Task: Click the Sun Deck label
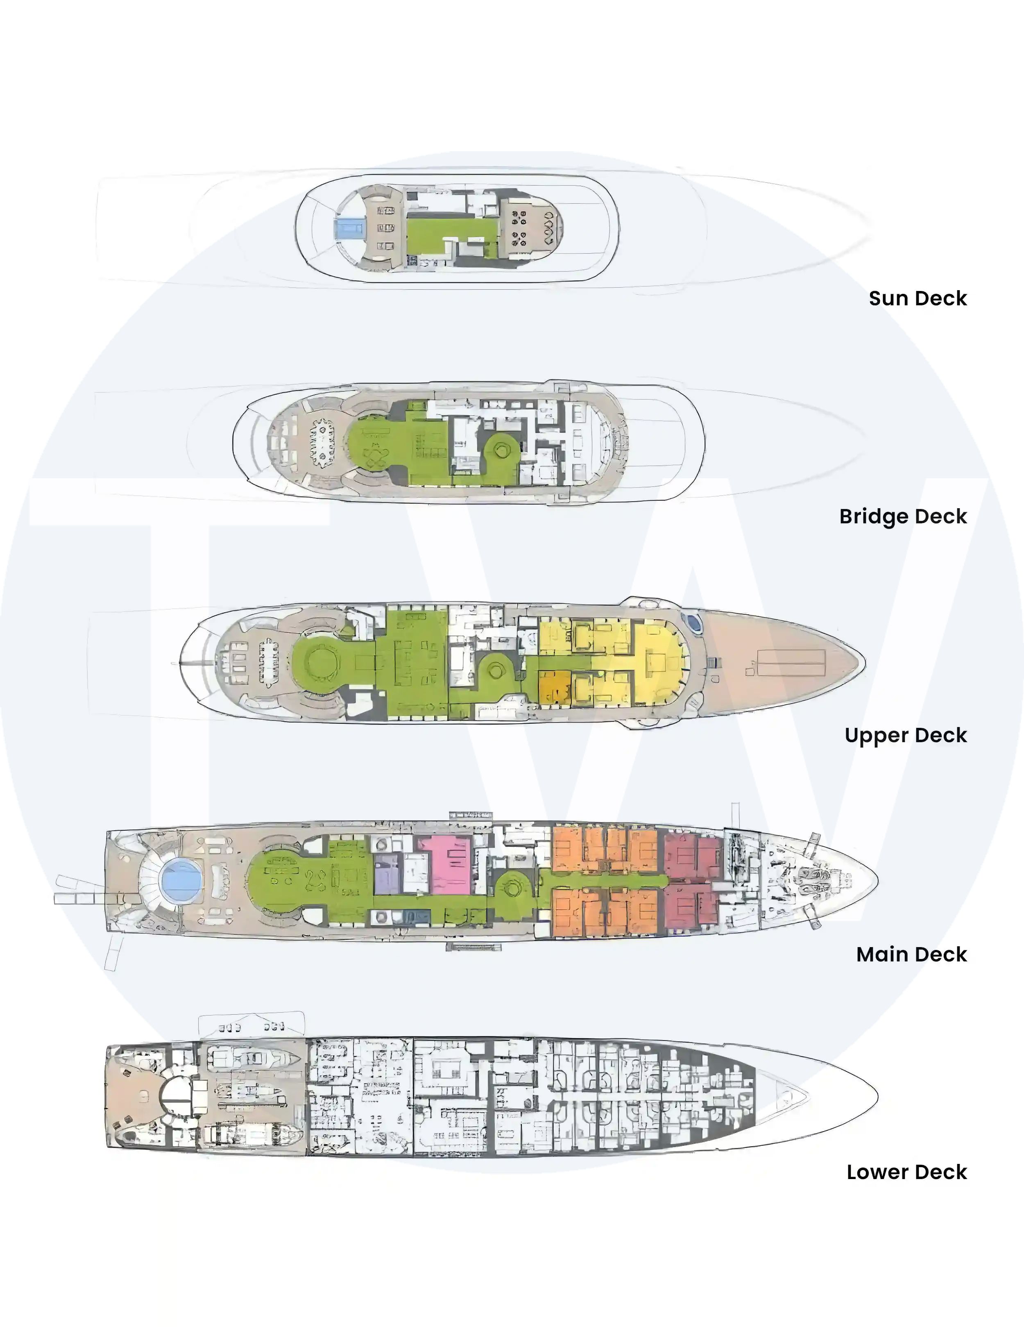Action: tap(918, 298)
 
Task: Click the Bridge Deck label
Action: tap(903, 516)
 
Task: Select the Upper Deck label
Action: tap(906, 735)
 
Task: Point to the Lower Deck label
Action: tap(907, 1172)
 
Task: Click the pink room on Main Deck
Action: tap(445, 865)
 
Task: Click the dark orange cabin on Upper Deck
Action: tap(555, 688)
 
